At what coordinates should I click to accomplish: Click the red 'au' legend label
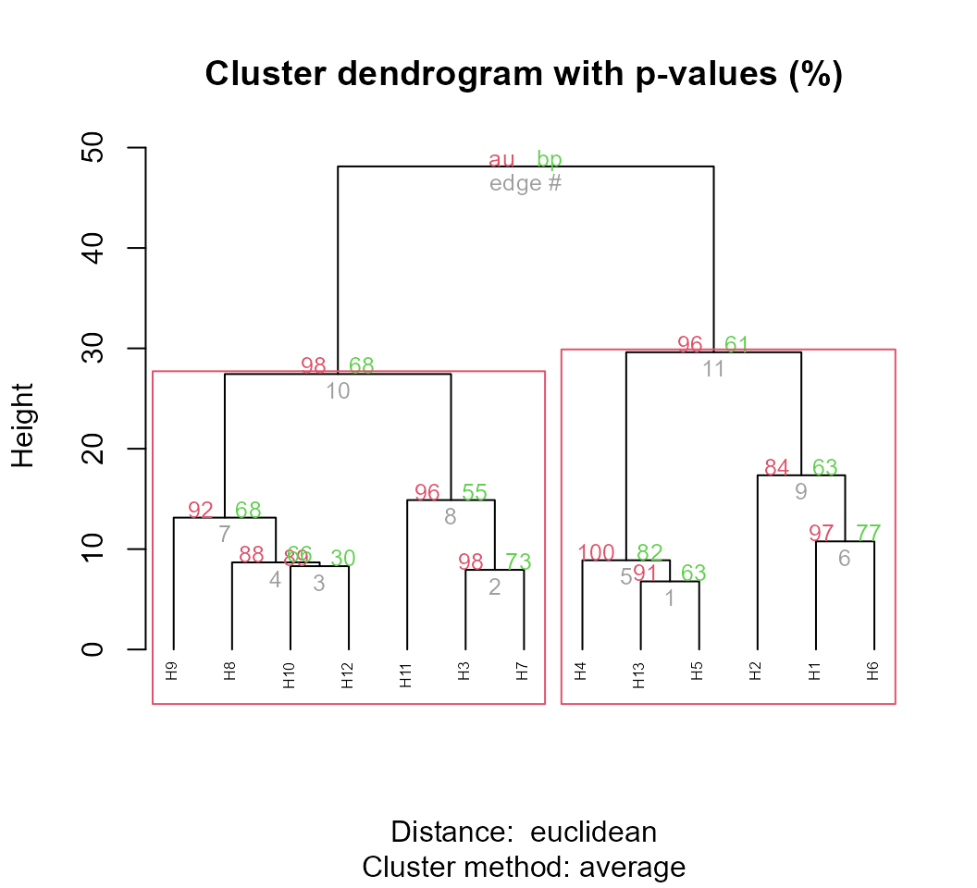(501, 159)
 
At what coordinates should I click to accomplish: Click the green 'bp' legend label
(549, 159)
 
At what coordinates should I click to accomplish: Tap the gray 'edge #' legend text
(526, 183)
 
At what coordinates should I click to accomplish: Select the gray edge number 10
(338, 391)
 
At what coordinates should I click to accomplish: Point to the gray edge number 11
(713, 369)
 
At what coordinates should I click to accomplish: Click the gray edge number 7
(224, 535)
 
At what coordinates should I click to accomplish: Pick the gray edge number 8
(450, 517)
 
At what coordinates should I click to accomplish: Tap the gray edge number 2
(494, 587)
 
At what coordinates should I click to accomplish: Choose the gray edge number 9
(800, 492)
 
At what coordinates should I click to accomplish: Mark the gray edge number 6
(844, 559)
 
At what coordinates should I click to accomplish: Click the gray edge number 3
(318, 584)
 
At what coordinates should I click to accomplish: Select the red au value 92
(201, 511)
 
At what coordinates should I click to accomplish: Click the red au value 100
(596, 553)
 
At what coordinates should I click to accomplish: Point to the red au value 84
(777, 468)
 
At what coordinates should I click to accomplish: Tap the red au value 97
(822, 534)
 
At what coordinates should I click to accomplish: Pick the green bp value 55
(475, 493)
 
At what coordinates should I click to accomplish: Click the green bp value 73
(518, 562)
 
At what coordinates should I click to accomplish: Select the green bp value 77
(869, 534)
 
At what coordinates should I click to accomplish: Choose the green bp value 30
(343, 559)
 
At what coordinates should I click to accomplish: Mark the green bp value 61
(736, 345)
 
